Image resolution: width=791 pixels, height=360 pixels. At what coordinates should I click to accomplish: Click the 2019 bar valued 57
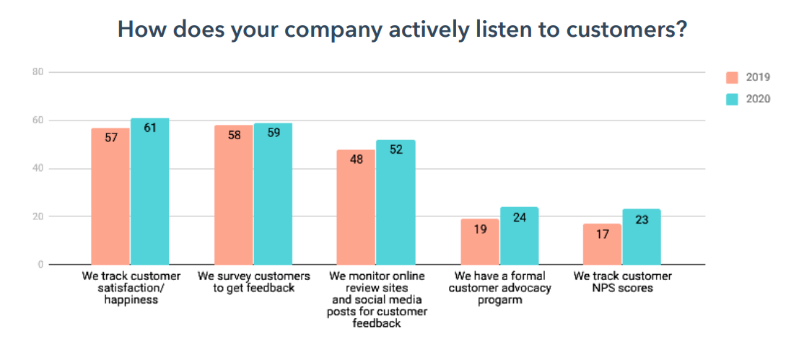pyautogui.click(x=110, y=196)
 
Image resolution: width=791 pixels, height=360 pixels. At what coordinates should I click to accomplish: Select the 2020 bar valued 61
pyautogui.click(x=149, y=191)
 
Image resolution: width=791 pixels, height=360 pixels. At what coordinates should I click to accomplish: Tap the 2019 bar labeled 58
pyautogui.click(x=234, y=195)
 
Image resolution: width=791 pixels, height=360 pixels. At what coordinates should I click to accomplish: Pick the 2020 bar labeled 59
pyautogui.click(x=273, y=193)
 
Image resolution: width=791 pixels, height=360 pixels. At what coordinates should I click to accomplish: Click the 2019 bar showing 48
pyautogui.click(x=357, y=207)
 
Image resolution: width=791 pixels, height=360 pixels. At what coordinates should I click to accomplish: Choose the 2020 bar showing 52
pyautogui.click(x=395, y=202)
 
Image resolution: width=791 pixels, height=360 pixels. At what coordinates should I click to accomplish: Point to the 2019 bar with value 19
pyautogui.click(x=479, y=242)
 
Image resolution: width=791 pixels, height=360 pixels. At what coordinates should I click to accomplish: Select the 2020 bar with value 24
pyautogui.click(x=519, y=236)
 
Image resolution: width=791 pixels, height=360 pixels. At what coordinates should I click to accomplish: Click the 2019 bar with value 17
pyautogui.click(x=602, y=244)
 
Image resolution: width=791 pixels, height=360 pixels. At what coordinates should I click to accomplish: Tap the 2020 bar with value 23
pyautogui.click(x=642, y=237)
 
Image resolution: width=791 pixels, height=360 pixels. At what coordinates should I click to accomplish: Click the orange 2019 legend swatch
pyautogui.click(x=732, y=77)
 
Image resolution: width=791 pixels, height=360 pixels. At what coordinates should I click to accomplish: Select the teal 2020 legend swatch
pyautogui.click(x=732, y=99)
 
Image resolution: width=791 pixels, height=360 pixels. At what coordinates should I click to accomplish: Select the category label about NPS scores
pyautogui.click(x=622, y=282)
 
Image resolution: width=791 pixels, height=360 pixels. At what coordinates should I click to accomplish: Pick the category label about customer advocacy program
pyautogui.click(x=499, y=288)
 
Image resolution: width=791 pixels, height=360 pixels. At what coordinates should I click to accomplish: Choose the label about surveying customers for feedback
pyautogui.click(x=253, y=282)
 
